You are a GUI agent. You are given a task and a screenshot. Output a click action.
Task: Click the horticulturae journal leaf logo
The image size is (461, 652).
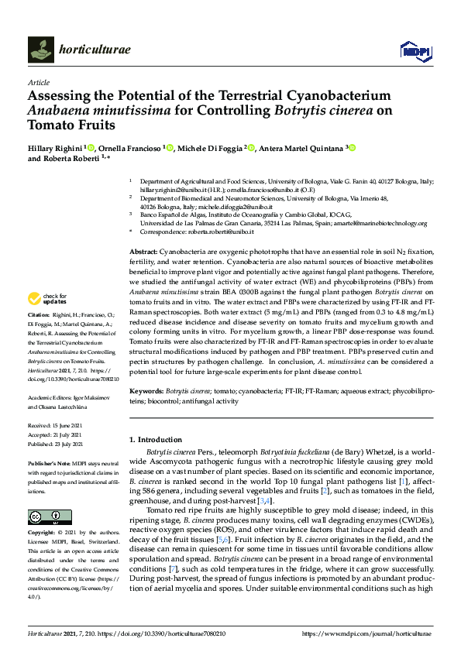coord(41,50)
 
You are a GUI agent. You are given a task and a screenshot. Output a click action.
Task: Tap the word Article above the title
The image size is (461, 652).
coord(39,82)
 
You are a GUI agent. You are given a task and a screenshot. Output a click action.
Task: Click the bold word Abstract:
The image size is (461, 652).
coord(143,253)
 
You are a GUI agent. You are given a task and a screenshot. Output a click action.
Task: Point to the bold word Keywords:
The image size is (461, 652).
coord(146,392)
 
